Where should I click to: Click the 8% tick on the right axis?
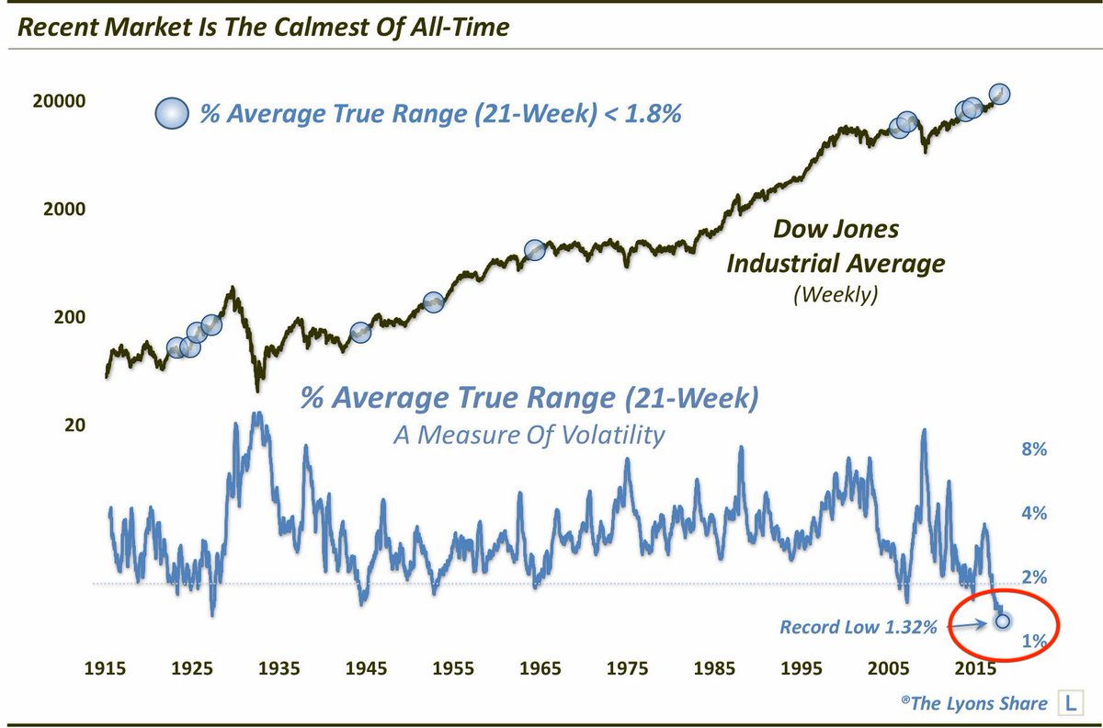point(1035,449)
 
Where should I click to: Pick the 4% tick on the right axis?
point(1035,513)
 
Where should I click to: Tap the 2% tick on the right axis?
point(1035,577)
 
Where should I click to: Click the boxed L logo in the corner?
point(1070,703)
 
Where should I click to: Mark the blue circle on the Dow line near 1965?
point(535,250)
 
